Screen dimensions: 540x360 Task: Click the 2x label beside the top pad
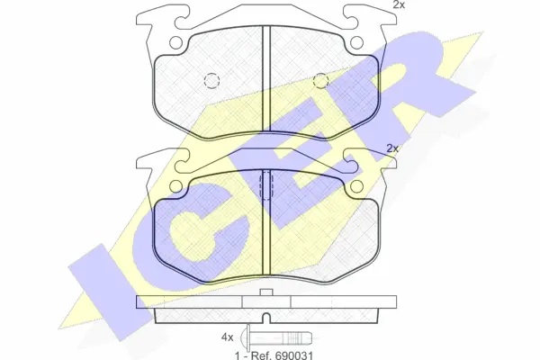click(399, 4)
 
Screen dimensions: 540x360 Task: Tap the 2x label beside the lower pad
click(392, 148)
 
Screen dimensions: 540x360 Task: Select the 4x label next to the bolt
click(228, 337)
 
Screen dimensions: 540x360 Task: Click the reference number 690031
click(293, 355)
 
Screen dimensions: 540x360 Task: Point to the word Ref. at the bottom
click(261, 355)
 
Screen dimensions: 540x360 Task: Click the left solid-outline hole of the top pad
click(175, 42)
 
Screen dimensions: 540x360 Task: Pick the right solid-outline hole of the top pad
click(356, 42)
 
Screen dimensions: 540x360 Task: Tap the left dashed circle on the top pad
click(211, 81)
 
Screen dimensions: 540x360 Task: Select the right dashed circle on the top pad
click(320, 81)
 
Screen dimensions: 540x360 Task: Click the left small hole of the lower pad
click(176, 186)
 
